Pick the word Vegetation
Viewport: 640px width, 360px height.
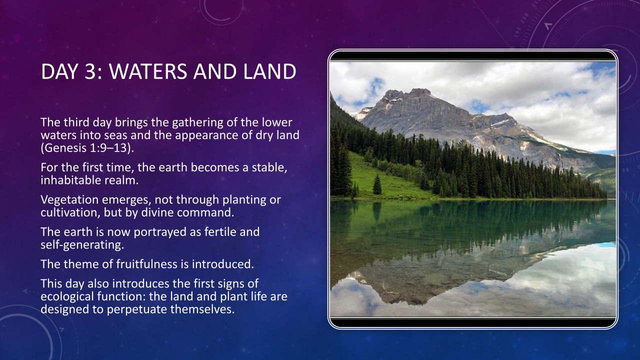[69, 199]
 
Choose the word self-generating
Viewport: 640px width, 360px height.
[82, 245]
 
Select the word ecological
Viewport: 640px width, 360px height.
[67, 296]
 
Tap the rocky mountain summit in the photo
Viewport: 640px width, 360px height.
[420, 92]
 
